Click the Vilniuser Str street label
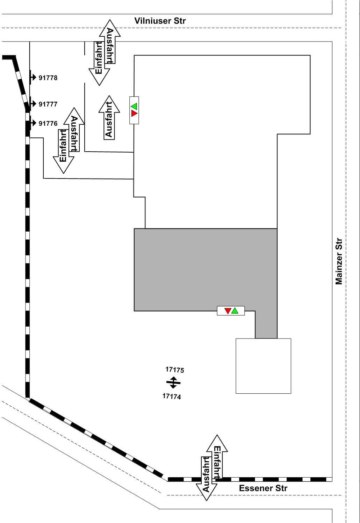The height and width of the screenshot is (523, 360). pos(160,21)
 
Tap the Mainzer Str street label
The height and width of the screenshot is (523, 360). pos(339,261)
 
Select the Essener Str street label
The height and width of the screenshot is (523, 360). pos(263,488)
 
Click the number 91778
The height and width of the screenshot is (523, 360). pos(48,78)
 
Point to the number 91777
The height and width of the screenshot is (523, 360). pos(48,104)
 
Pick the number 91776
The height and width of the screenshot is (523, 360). pos(48,123)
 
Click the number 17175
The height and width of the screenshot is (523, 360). pos(175,370)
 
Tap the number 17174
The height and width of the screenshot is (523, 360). pos(172,396)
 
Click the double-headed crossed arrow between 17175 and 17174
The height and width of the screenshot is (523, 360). pos(173,383)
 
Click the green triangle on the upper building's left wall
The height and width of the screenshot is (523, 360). pos(134,106)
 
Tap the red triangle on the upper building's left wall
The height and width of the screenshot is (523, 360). pos(134,114)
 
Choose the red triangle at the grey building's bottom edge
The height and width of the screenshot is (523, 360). pos(228,311)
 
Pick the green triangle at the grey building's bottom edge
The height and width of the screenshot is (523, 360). pos(235,311)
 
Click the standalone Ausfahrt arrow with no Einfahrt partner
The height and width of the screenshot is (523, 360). pos(109,118)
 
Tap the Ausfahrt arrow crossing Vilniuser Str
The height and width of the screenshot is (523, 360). pos(110,42)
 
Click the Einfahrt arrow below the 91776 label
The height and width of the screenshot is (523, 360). pos(64,151)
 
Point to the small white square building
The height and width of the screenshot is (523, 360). pos(263,366)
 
